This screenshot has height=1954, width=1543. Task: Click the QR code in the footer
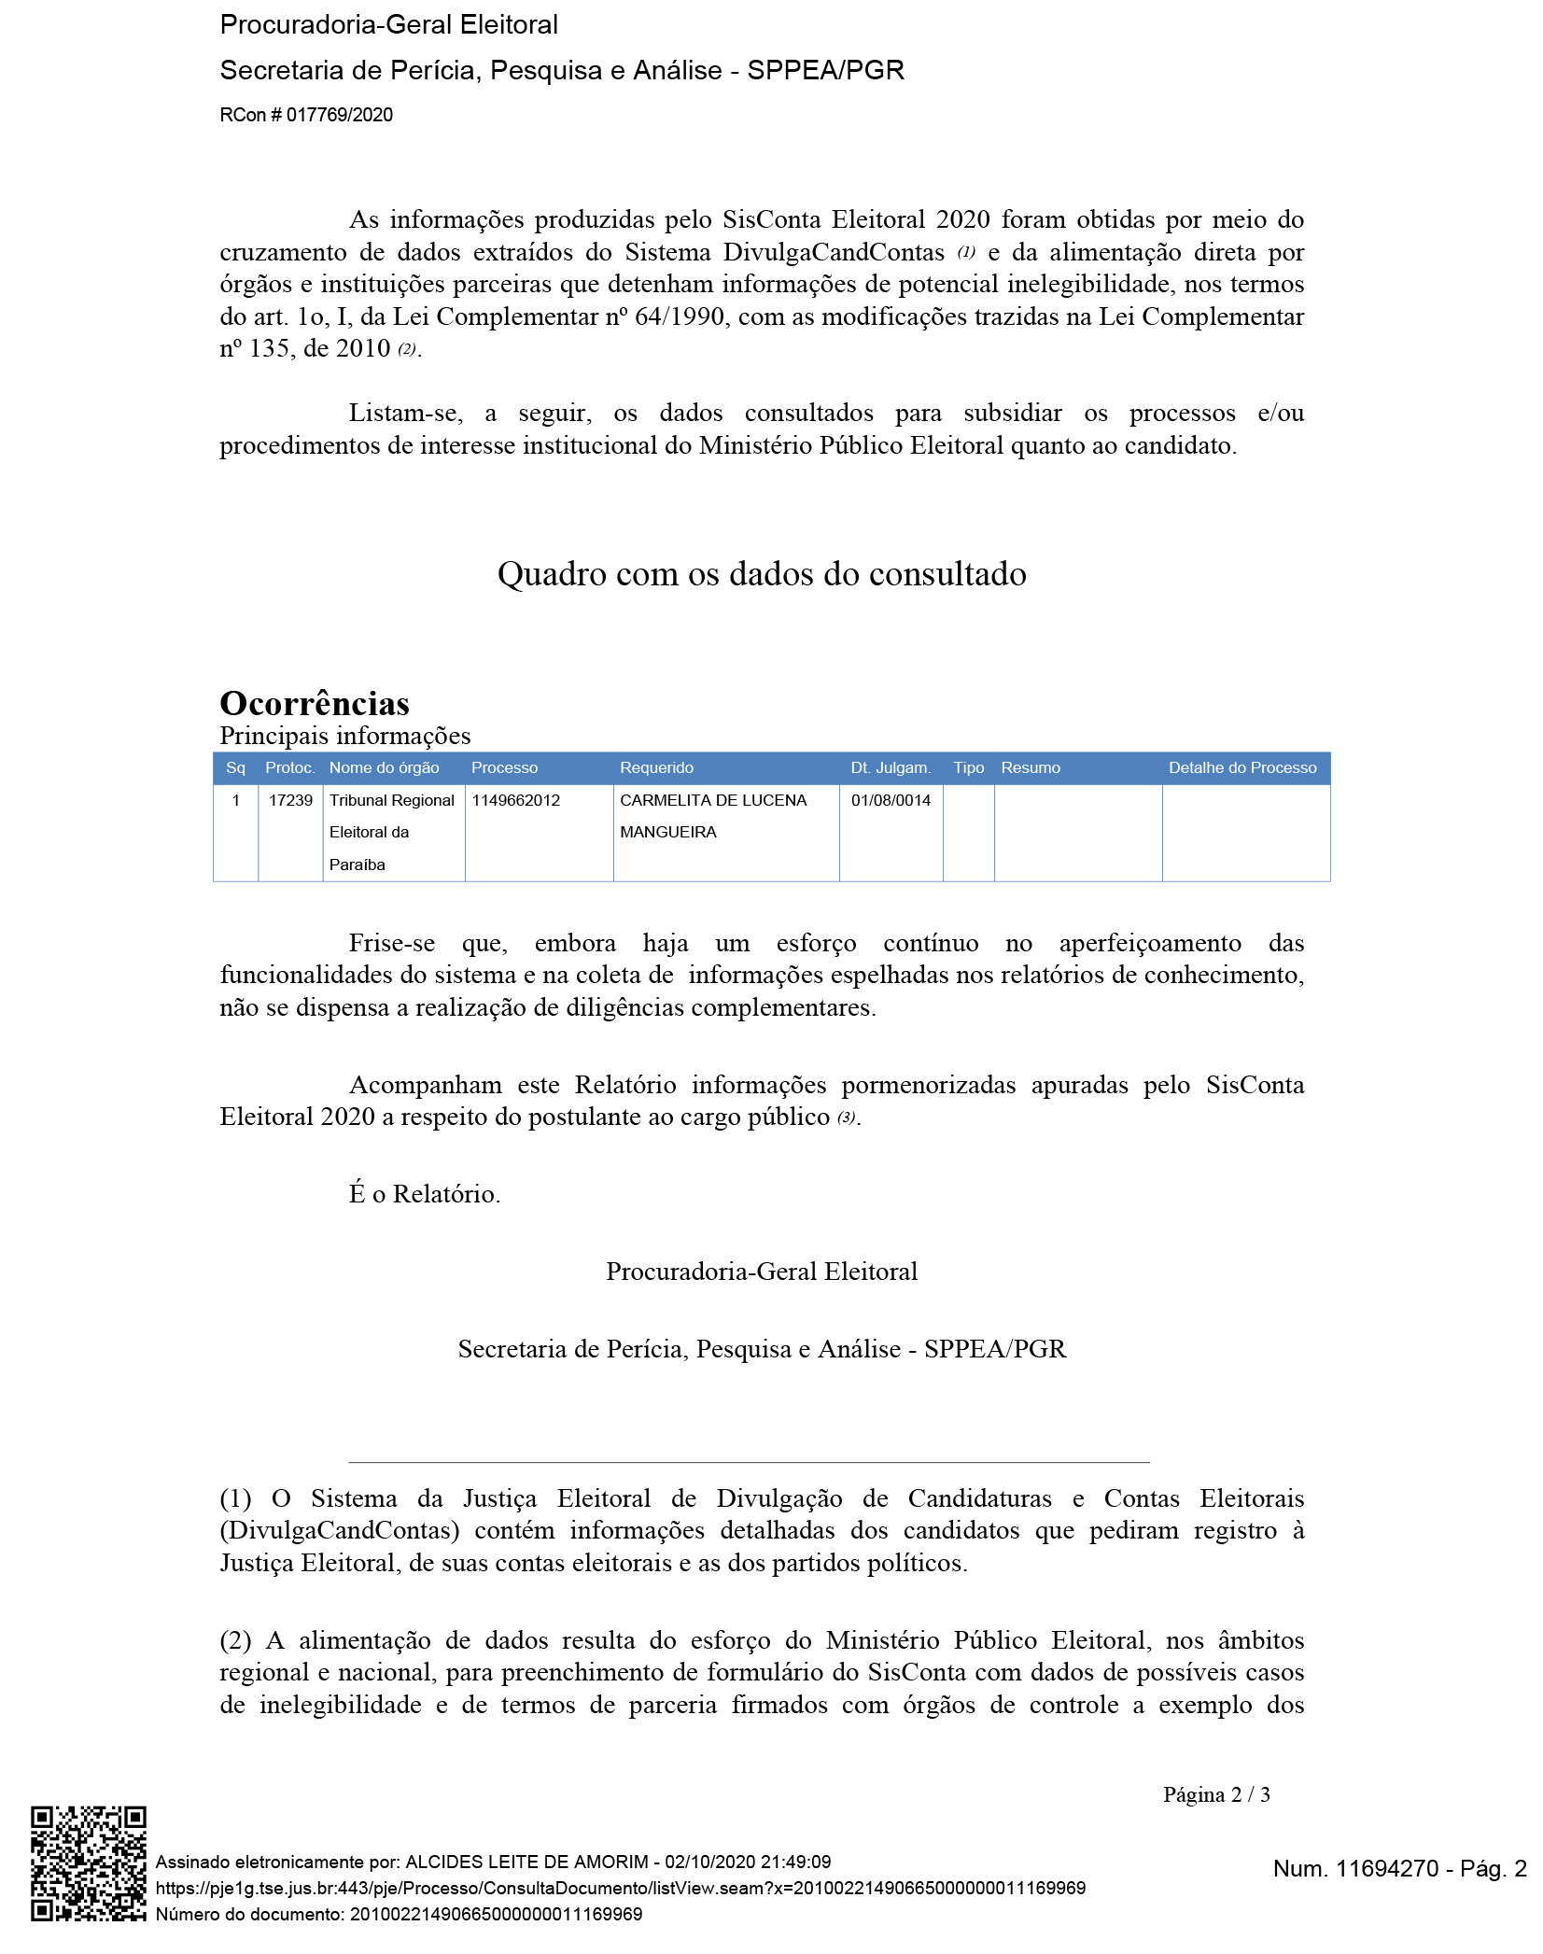pyautogui.click(x=88, y=1863)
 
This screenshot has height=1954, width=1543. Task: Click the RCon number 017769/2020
pyautogui.click(x=306, y=115)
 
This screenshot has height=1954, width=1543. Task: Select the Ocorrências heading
pyautogui.click(x=315, y=703)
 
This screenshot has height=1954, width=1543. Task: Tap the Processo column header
pyautogui.click(x=504, y=767)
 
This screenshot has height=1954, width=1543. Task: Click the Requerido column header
pyautogui.click(x=656, y=767)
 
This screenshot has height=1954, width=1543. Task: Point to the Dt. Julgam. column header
pyautogui.click(x=890, y=767)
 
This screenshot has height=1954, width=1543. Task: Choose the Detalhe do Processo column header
pyautogui.click(x=1241, y=767)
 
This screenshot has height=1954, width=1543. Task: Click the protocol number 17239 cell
pyautogui.click(x=290, y=800)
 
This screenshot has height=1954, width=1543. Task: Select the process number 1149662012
pyautogui.click(x=515, y=800)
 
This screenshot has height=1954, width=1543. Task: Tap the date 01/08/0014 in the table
pyautogui.click(x=891, y=800)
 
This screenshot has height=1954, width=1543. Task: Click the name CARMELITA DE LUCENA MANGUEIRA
pyautogui.click(x=712, y=815)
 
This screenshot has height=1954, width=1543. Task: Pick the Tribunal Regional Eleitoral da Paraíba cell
pyautogui.click(x=391, y=832)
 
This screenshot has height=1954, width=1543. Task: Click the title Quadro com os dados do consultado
pyautogui.click(x=762, y=573)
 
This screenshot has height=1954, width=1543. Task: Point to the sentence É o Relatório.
pyautogui.click(x=425, y=1193)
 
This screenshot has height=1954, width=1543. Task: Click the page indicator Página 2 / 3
pyautogui.click(x=1215, y=1793)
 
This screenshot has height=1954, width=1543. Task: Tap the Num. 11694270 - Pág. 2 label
pyautogui.click(x=1399, y=1867)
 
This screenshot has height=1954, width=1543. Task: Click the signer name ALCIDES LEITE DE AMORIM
pyautogui.click(x=526, y=1862)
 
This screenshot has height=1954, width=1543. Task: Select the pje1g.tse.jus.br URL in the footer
pyautogui.click(x=620, y=1888)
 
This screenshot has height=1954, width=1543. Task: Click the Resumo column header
pyautogui.click(x=1030, y=767)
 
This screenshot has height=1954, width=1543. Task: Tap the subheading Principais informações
pyautogui.click(x=344, y=736)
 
